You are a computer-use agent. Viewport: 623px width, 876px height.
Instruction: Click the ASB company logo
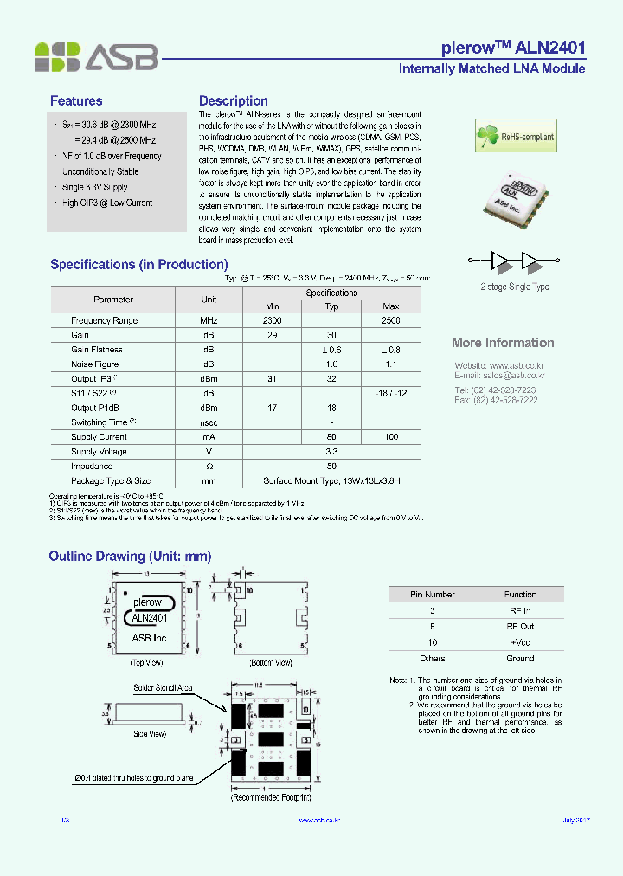click(x=96, y=56)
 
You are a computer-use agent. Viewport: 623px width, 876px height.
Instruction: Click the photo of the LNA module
click(x=521, y=196)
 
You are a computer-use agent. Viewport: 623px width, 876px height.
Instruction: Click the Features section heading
click(x=76, y=101)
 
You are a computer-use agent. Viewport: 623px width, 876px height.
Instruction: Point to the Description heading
click(x=233, y=101)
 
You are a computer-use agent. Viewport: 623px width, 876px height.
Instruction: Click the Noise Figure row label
click(x=95, y=364)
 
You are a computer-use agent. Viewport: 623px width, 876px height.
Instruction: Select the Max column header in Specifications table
click(x=390, y=306)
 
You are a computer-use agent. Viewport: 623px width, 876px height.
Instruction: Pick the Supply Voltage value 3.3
click(x=331, y=452)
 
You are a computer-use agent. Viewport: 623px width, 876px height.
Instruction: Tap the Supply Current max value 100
click(x=390, y=437)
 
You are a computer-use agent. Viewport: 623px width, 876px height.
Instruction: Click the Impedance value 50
click(x=331, y=466)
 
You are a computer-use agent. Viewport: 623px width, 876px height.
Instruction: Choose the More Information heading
click(x=503, y=343)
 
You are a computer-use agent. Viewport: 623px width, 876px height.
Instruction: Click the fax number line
click(x=496, y=400)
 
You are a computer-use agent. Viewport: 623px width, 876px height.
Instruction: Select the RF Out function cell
click(x=520, y=626)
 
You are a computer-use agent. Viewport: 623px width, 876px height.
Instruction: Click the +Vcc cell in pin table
click(x=520, y=642)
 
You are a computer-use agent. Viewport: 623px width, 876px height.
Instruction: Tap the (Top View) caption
click(x=148, y=662)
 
